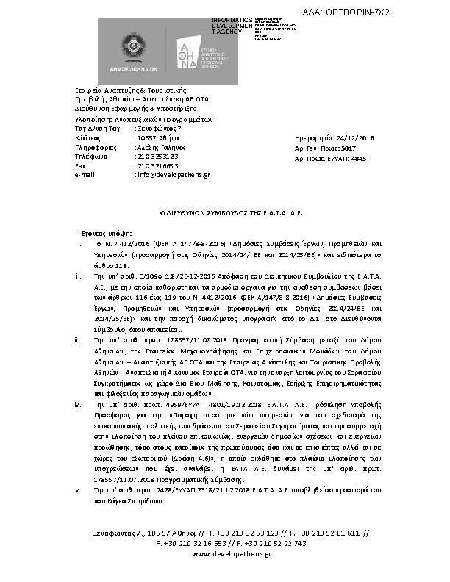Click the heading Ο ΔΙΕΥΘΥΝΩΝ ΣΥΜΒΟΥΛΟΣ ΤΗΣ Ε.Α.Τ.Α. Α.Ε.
[225, 212]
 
